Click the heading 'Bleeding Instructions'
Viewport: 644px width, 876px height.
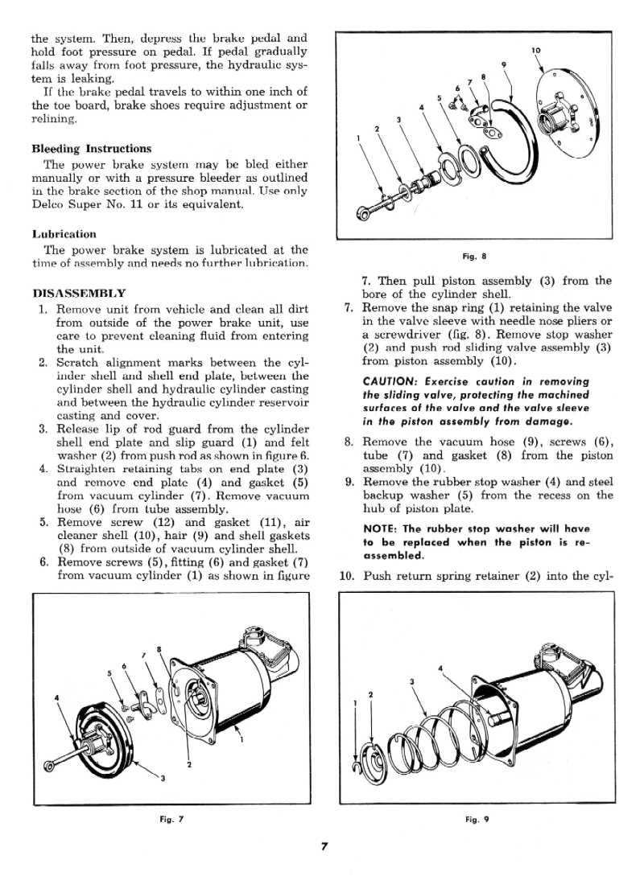pos(91,149)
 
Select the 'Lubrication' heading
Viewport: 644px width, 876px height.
pos(64,234)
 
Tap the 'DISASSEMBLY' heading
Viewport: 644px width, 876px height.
pos(78,292)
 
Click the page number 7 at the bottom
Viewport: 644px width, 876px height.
pos(322,846)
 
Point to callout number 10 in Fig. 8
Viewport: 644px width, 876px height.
pos(536,51)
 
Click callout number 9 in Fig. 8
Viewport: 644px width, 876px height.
pos(503,64)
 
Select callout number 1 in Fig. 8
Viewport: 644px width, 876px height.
pos(357,138)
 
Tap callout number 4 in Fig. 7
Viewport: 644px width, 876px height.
pos(56,697)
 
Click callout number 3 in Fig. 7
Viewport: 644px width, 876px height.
pos(163,778)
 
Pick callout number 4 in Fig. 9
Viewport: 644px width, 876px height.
pos(440,668)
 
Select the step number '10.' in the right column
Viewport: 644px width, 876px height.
pos(348,576)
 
